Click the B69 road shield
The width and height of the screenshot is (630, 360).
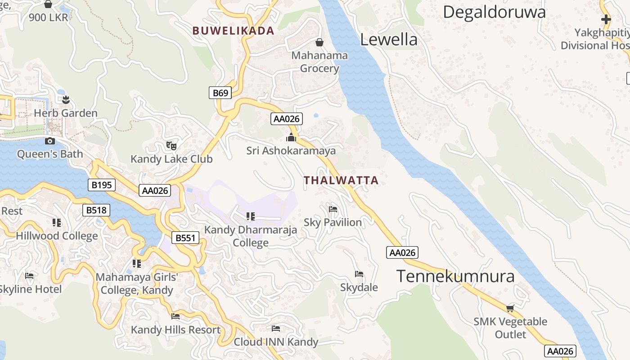[220, 93]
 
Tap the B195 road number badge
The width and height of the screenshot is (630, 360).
[102, 184]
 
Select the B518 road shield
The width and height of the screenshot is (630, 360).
[97, 210]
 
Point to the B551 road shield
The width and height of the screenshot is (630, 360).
[185, 238]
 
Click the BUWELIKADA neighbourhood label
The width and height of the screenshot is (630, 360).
[233, 31]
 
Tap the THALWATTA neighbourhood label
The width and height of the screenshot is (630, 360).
[341, 180]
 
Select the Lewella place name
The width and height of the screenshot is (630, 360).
[389, 40]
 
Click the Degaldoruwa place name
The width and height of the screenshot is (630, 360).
[494, 12]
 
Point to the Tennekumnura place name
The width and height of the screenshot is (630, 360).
[455, 276]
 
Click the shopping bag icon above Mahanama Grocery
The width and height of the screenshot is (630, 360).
[319, 42]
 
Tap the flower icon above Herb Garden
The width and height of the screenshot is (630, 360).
[66, 99]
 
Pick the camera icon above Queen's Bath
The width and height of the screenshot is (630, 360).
[50, 141]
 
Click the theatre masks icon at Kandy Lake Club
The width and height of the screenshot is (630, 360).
[171, 145]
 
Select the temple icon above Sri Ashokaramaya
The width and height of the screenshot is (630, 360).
[291, 137]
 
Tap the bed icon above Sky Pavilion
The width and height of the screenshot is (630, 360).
[333, 209]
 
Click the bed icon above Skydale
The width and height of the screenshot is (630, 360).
[359, 274]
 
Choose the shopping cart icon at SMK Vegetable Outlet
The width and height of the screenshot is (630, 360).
[510, 308]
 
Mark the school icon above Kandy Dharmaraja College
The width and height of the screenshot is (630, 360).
[251, 216]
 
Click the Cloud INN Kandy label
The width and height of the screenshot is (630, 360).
[276, 342]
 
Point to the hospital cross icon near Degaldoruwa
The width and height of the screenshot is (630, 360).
[606, 19]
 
